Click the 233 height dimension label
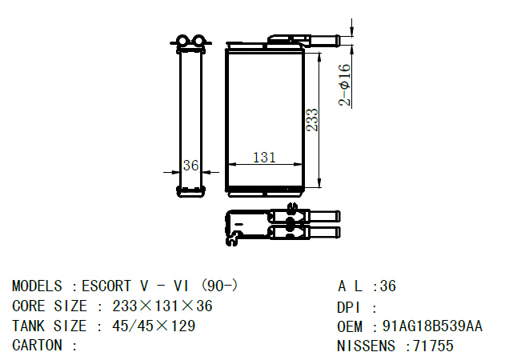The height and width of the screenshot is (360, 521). point(312,120)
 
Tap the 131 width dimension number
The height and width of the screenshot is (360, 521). point(264,157)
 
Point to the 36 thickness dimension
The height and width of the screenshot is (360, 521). point(190,166)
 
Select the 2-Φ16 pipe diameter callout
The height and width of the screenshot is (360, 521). point(345,85)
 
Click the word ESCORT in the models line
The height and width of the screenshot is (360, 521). point(106,286)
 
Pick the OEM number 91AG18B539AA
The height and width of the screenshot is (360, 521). point(432,326)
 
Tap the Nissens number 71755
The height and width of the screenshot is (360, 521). point(433,346)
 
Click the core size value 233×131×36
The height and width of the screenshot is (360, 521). point(162,306)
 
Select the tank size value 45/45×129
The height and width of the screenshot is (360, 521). point(154,326)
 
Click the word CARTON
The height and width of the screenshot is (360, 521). point(37,346)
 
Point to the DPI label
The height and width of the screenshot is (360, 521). point(348,308)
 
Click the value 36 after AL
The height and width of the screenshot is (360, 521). point(388,286)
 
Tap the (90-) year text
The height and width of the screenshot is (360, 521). point(219,286)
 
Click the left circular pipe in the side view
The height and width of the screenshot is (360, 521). point(182,41)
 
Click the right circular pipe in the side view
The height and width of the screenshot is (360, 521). point(198,41)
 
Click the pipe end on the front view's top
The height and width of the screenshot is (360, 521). point(325,41)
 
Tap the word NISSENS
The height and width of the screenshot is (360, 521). point(367,346)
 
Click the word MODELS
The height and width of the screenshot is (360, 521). point(37,286)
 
